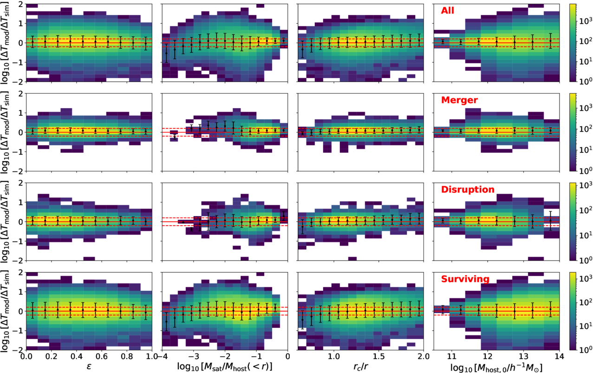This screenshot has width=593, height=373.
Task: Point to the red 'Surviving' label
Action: click(465, 279)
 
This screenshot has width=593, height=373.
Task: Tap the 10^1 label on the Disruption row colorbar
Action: click(584, 236)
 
